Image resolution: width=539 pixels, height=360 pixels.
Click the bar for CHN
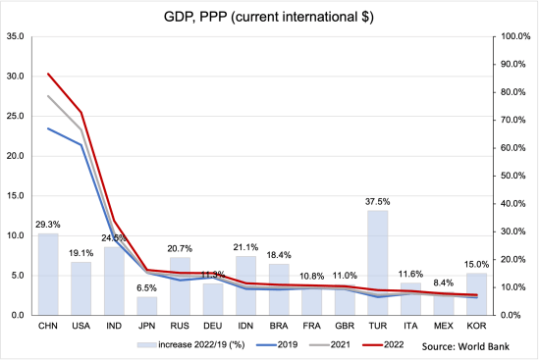tap(48, 275)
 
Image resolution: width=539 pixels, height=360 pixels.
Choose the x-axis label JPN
tap(146, 325)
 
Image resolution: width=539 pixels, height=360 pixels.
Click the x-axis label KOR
tap(475, 325)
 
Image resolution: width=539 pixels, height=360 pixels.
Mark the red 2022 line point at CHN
tap(48, 74)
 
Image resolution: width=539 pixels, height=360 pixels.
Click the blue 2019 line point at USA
tap(81, 145)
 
